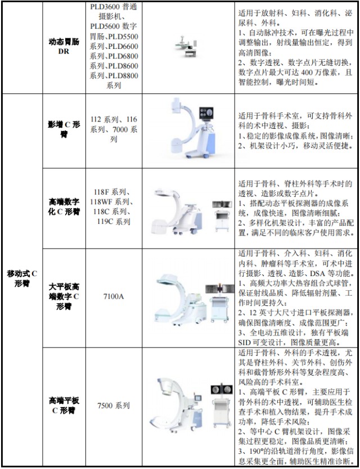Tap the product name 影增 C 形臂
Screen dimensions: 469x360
(x=64, y=129)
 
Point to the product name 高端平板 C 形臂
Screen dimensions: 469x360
(x=64, y=405)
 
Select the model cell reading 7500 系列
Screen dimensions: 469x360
(x=113, y=405)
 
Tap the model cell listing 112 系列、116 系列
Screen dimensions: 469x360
(x=113, y=129)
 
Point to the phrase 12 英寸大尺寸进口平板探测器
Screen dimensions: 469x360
(x=298, y=313)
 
